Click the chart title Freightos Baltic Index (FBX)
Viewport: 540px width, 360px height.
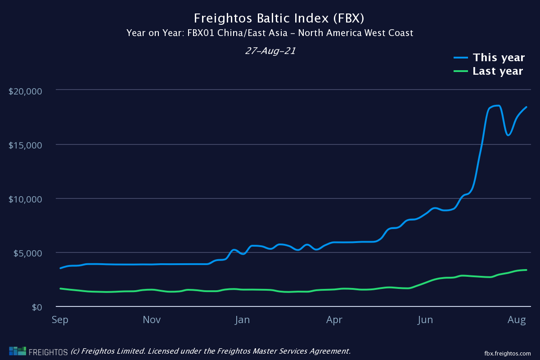point(279,18)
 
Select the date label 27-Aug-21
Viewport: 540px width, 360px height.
point(270,51)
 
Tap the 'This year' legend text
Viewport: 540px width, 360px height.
point(499,58)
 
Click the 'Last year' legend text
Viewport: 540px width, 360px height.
point(498,71)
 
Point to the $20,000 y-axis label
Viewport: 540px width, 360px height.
point(25,91)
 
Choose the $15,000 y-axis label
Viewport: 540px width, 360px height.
point(25,145)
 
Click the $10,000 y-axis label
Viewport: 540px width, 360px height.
point(25,199)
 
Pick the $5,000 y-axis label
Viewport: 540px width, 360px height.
point(27,253)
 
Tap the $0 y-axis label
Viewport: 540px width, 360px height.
point(37,307)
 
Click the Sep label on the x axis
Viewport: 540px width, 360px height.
point(60,320)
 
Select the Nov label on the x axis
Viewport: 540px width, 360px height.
point(152,320)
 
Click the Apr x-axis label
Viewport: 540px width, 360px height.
point(334,320)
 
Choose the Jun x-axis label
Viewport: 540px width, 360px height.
point(425,320)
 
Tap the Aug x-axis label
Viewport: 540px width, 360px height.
point(517,320)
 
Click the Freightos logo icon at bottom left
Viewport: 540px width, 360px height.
point(18,351)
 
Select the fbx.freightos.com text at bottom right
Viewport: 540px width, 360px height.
point(508,353)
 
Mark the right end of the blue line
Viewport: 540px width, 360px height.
point(526,107)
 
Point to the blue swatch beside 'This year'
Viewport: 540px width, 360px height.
point(461,58)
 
